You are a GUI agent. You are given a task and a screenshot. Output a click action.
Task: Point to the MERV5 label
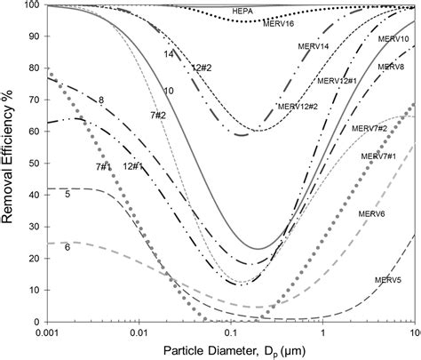tap(366, 280)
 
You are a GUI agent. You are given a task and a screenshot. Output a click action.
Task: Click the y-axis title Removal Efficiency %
tap(10, 164)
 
